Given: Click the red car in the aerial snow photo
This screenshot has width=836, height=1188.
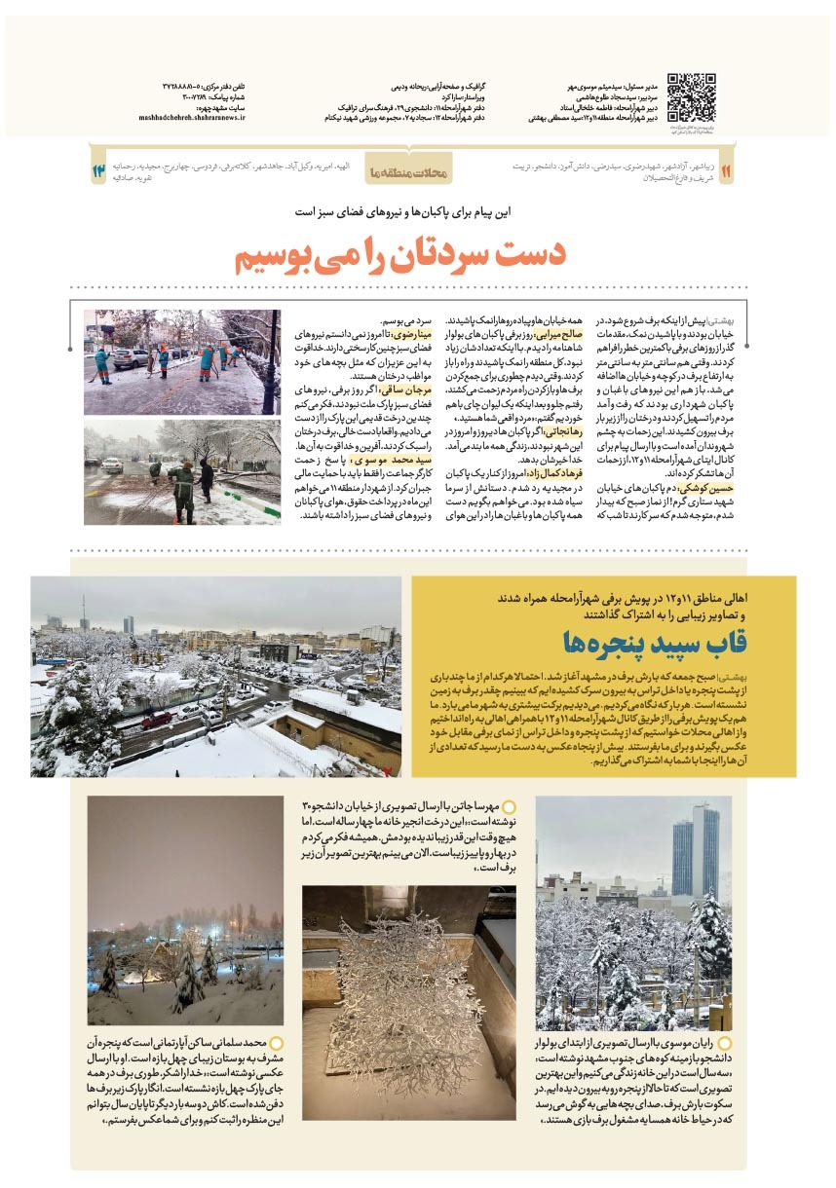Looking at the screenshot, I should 157,720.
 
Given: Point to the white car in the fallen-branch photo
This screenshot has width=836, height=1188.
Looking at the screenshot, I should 111,464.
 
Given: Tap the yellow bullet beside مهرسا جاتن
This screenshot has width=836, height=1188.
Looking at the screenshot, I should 508,807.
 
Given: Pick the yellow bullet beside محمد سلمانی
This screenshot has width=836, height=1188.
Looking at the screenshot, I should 277,1042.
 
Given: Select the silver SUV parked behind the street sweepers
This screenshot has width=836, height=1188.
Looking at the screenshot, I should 130,358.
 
